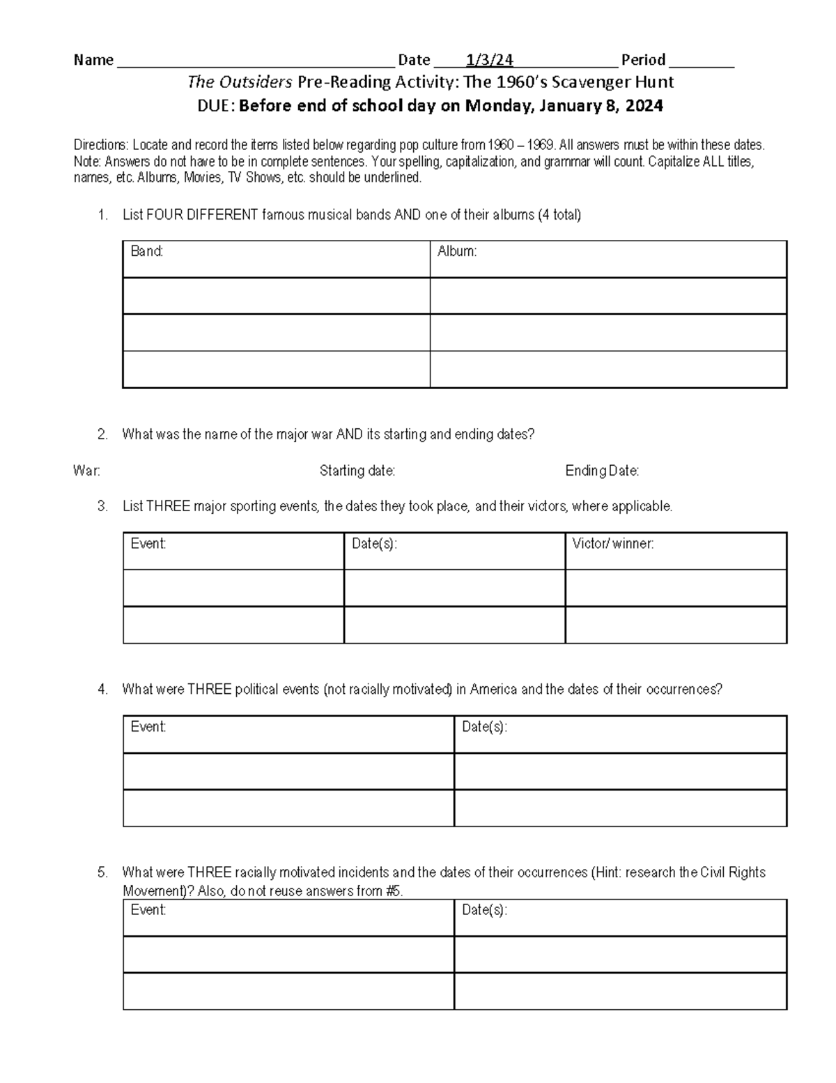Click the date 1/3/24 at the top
[490, 60]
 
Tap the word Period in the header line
[643, 60]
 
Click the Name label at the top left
[93, 60]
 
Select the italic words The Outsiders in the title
[240, 82]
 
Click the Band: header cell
[147, 252]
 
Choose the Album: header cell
[457, 252]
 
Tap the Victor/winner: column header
[612, 544]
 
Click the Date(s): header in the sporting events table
[374, 544]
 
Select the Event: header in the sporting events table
[148, 544]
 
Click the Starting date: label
[357, 471]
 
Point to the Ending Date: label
[602, 471]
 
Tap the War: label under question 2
[86, 471]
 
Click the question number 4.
[103, 690]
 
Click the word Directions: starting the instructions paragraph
[101, 145]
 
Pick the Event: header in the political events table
[148, 727]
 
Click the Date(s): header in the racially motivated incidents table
[484, 910]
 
